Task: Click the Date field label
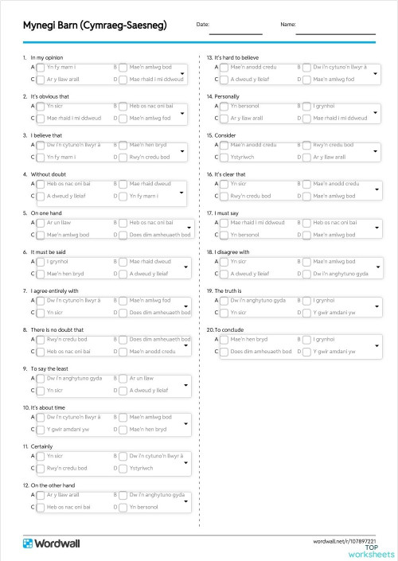202,24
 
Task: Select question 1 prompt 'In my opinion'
47,58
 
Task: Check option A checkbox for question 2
41,107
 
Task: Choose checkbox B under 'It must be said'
123,262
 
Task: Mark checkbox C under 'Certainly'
41,469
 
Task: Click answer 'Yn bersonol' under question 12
144,506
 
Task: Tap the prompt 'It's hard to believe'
236,58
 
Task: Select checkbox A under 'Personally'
224,107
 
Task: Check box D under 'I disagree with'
306,274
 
